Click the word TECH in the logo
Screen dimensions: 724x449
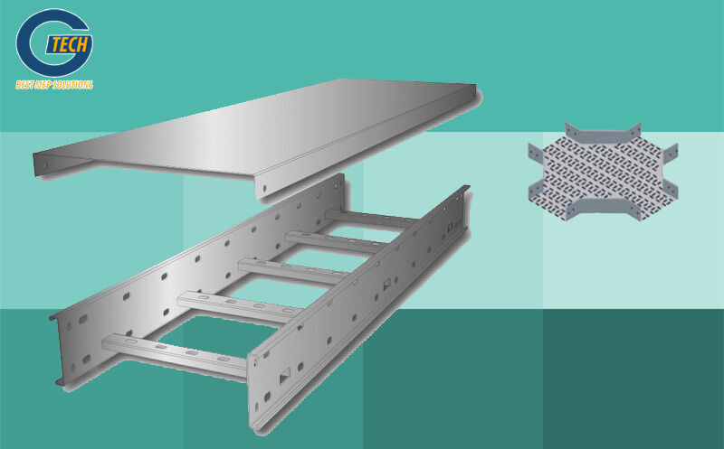(69, 45)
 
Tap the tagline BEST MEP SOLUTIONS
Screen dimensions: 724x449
(54, 85)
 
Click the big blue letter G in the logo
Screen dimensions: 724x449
(51, 42)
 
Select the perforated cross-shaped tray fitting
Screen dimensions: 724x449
(603, 172)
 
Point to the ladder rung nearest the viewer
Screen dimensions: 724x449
(175, 354)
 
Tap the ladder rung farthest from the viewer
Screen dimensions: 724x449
(369, 218)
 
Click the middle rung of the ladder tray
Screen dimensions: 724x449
(291, 271)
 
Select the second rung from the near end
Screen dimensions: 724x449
(239, 306)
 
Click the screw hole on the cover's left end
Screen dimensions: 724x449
(44, 165)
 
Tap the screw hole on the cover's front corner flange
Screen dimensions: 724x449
(264, 188)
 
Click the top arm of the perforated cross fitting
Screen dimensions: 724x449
(603, 134)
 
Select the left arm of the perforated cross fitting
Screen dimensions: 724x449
(538, 173)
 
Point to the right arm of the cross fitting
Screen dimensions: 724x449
(671, 171)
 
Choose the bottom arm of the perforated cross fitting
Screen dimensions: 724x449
(604, 210)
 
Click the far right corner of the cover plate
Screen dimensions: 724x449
(475, 85)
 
